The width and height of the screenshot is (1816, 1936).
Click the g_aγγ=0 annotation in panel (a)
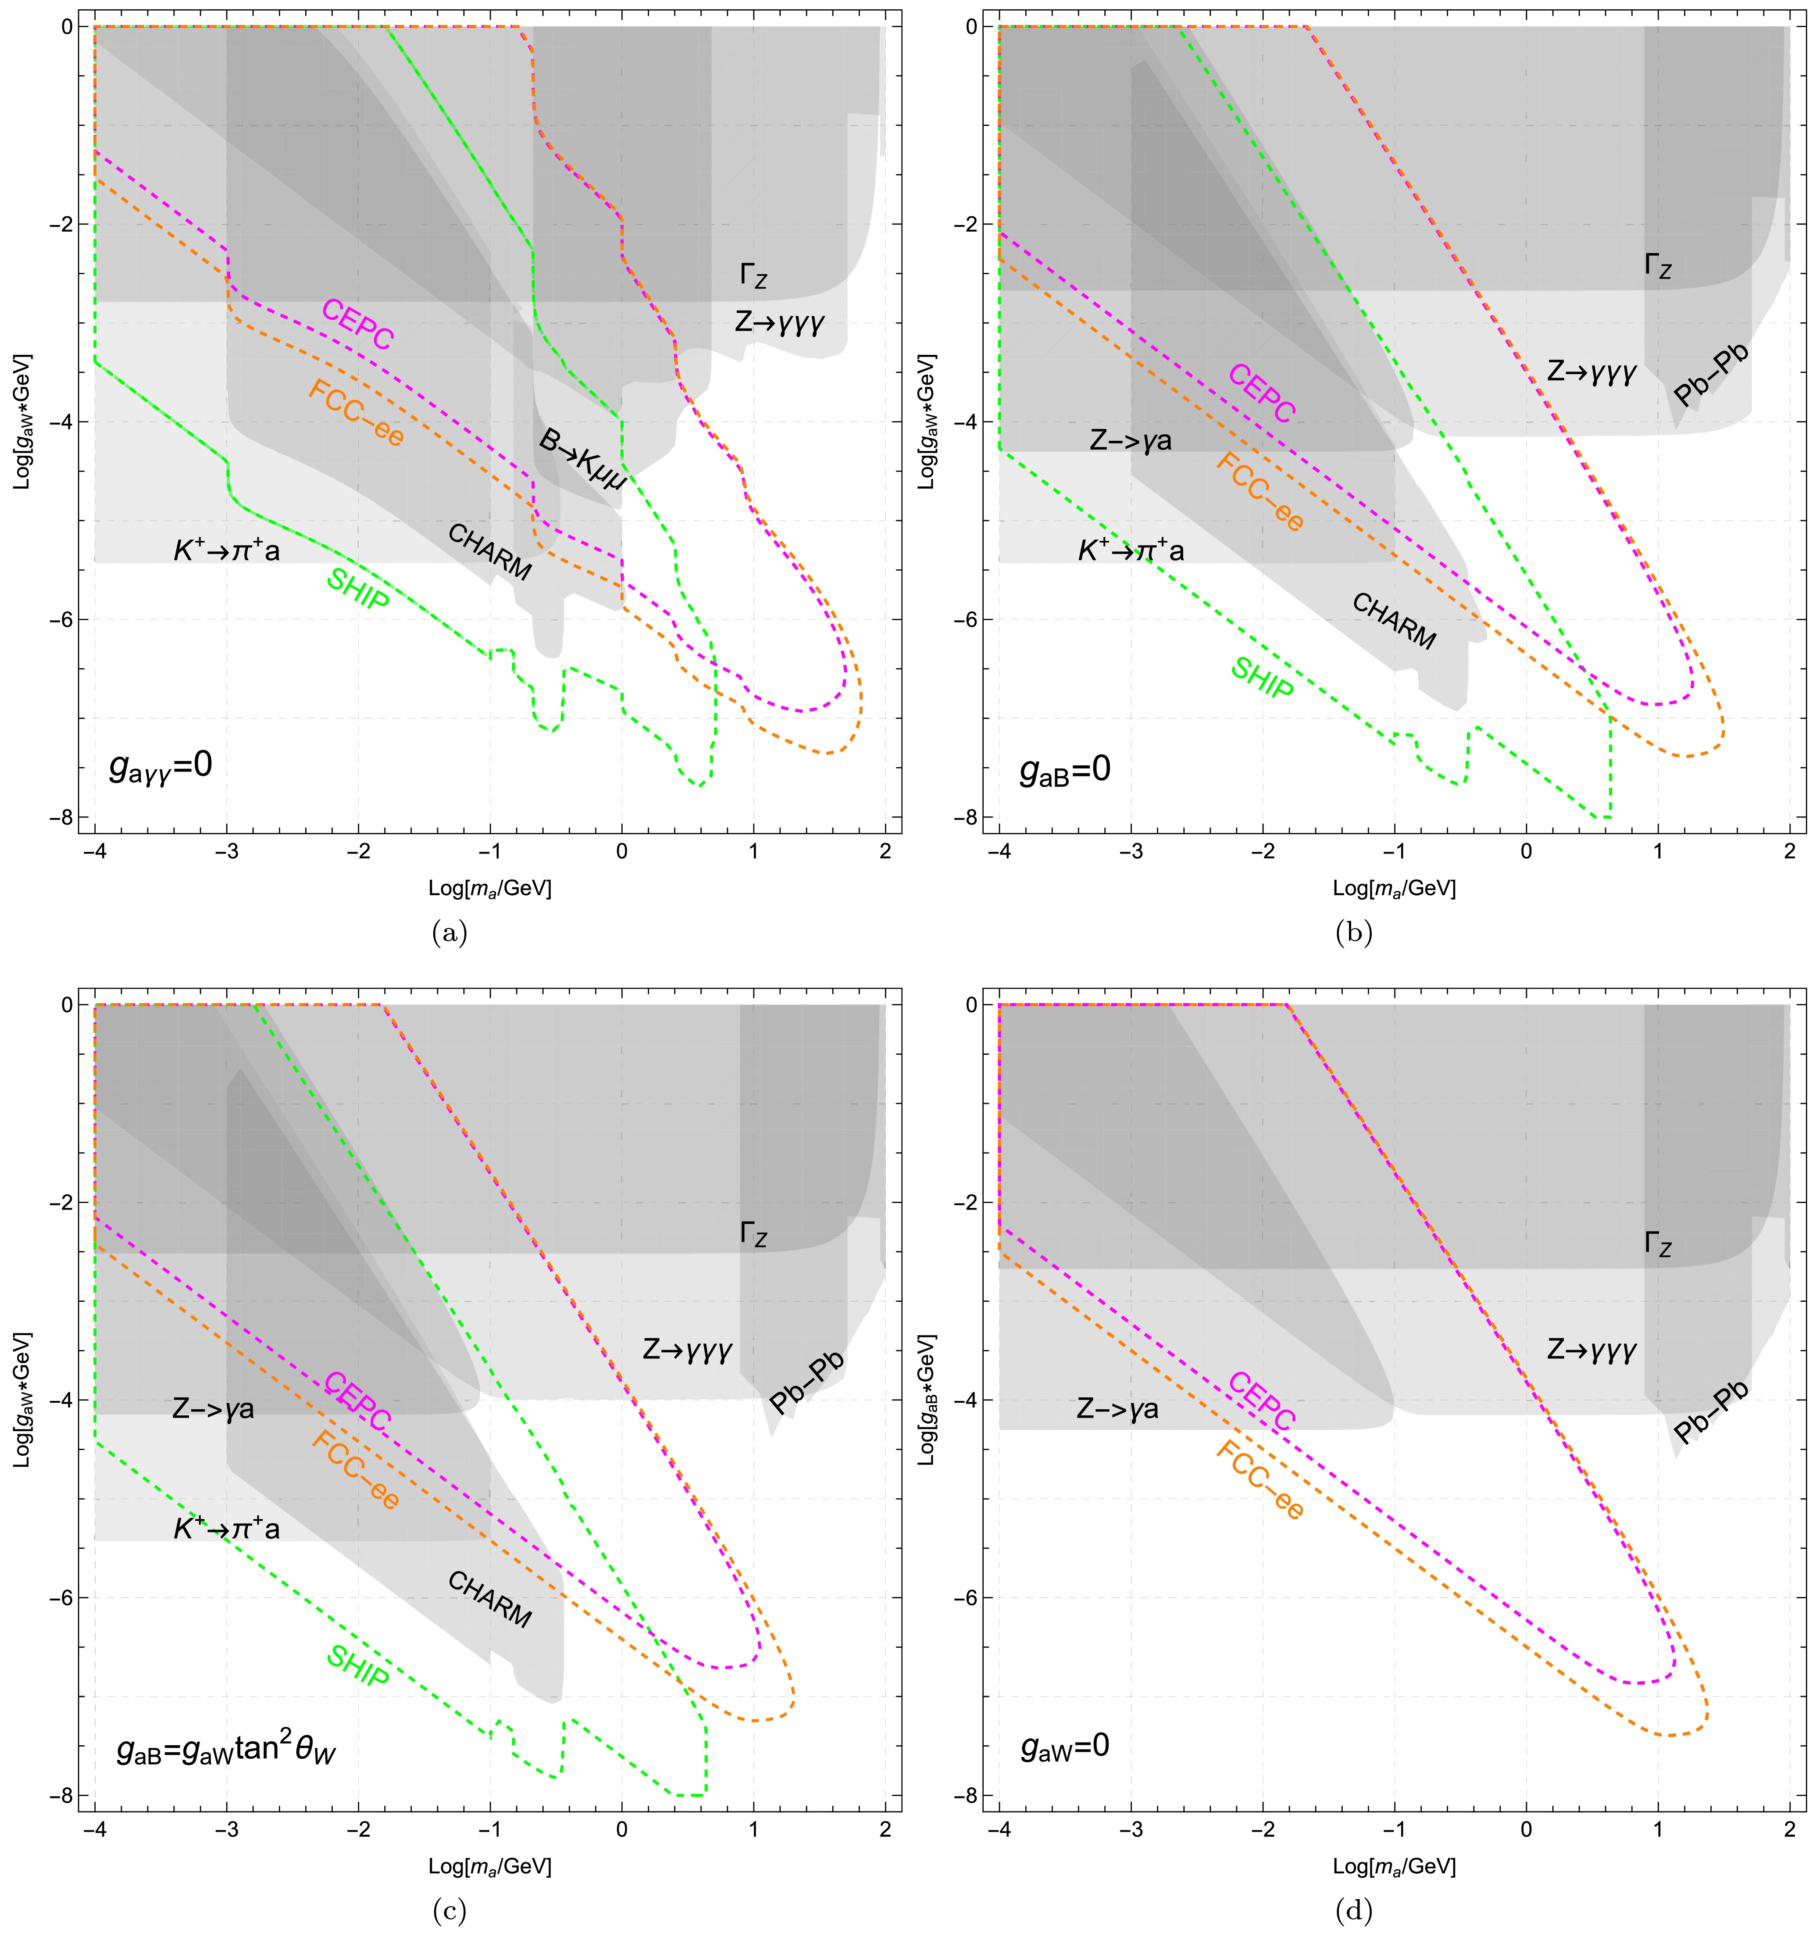(161, 766)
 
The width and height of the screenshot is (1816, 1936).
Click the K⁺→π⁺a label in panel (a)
(227, 551)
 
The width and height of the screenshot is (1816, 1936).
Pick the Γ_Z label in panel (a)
(753, 275)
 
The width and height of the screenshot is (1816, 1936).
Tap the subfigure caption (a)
(449, 933)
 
